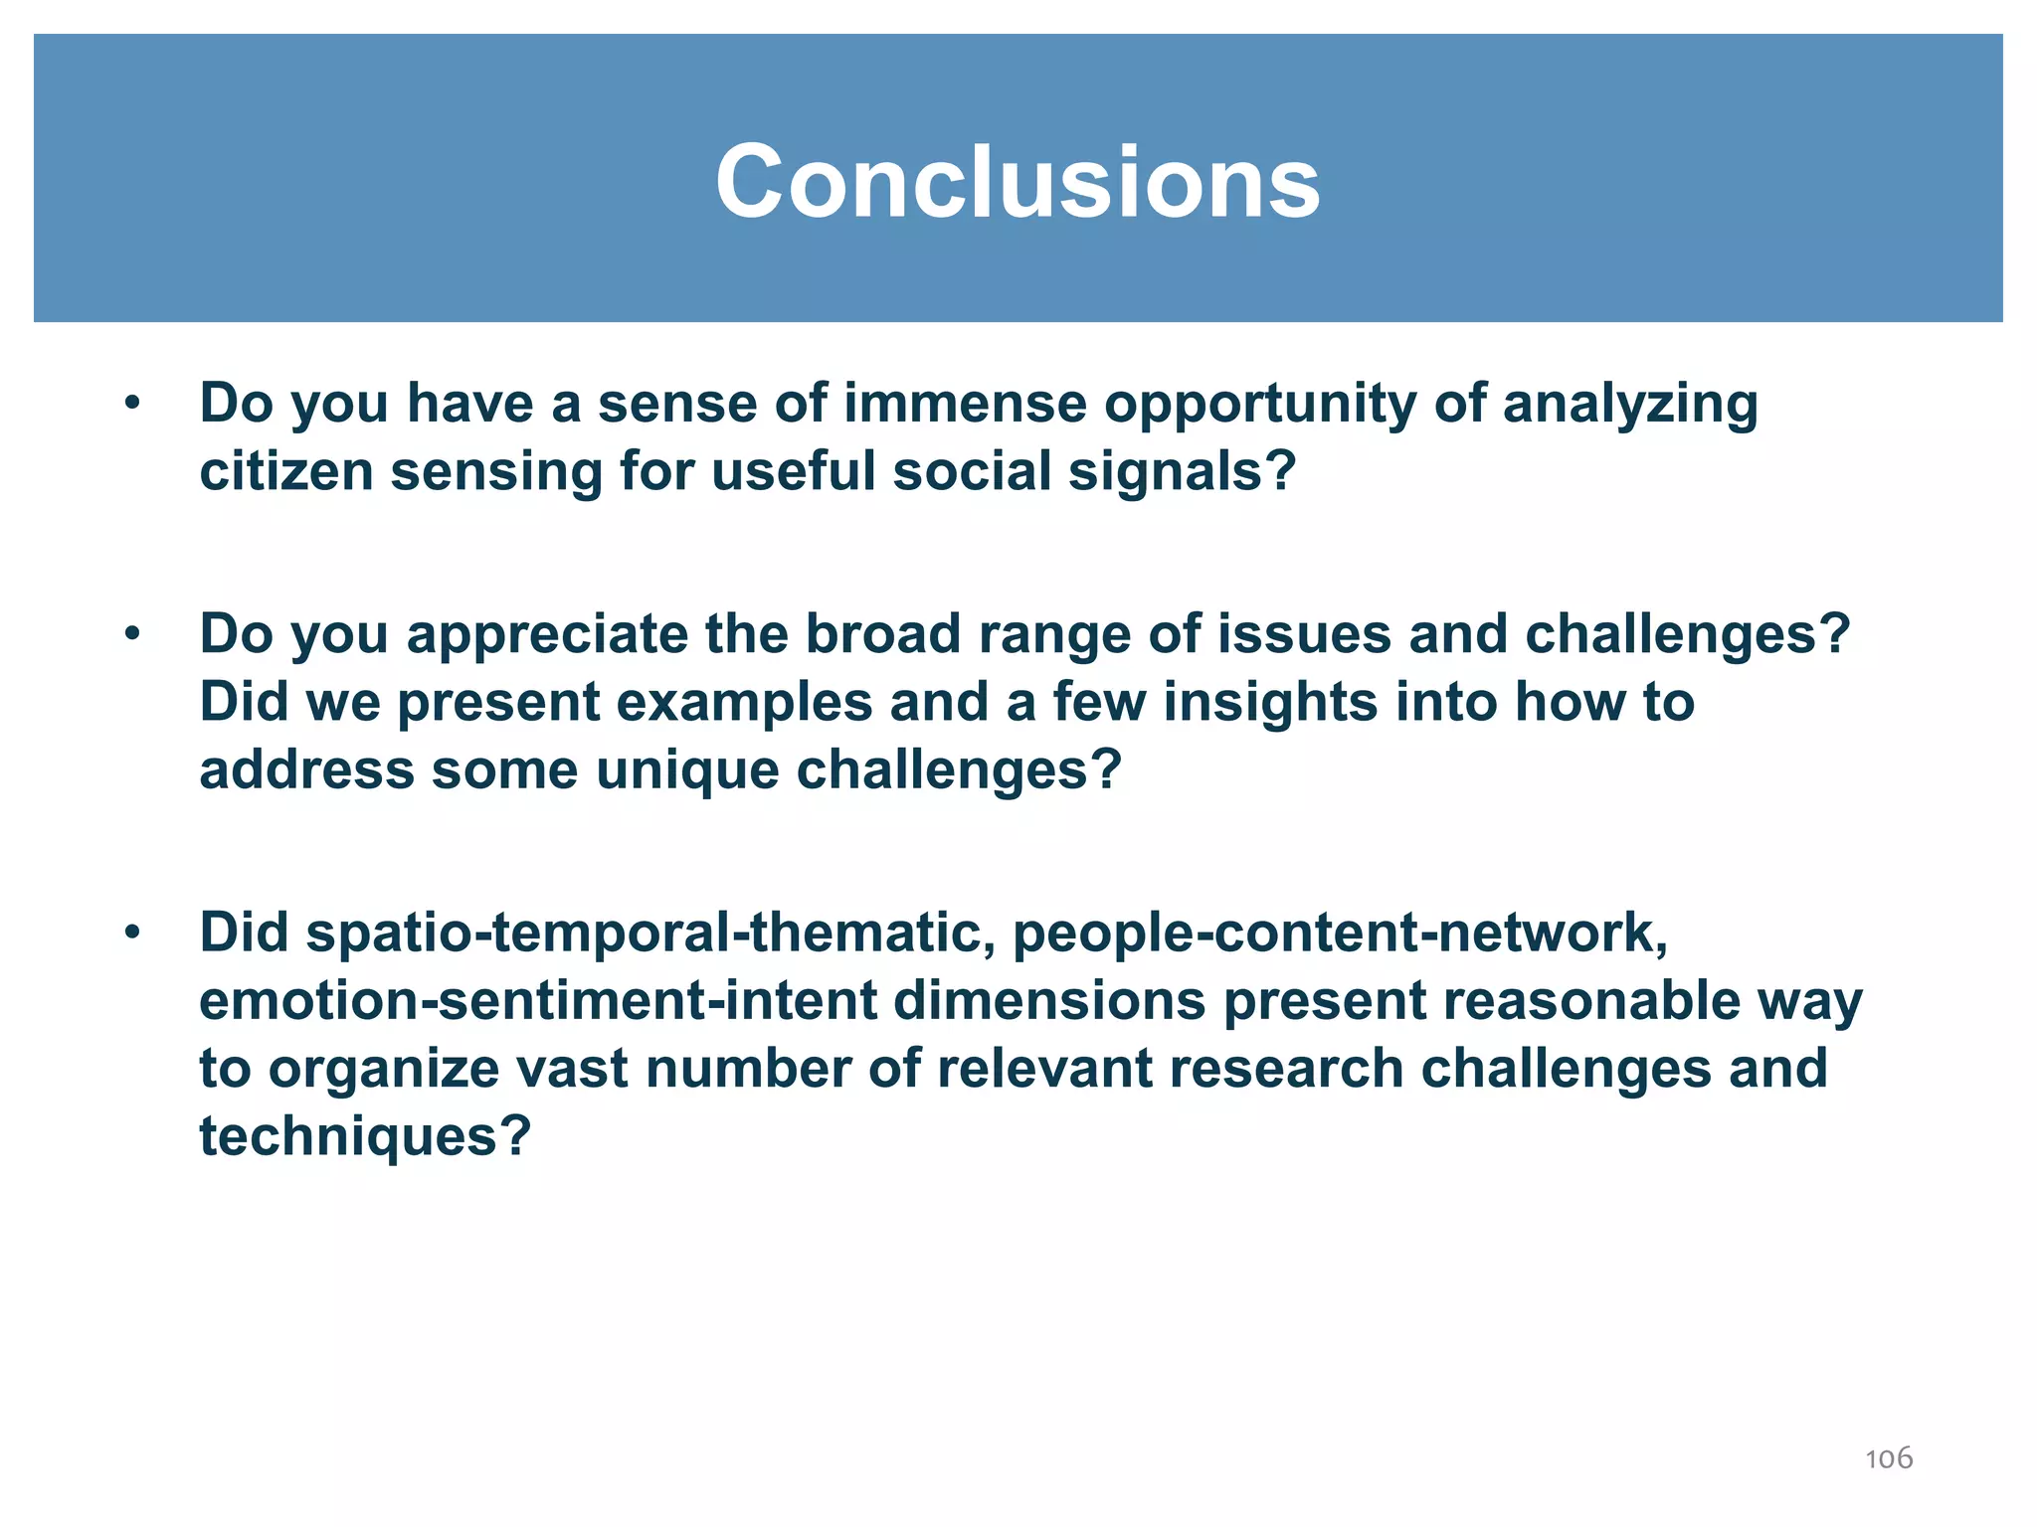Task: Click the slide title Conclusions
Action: (1018, 182)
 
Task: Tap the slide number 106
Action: (1888, 1458)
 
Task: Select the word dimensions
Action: (1050, 1002)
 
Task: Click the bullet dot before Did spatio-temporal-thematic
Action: (132, 933)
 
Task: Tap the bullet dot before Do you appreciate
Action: (132, 634)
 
